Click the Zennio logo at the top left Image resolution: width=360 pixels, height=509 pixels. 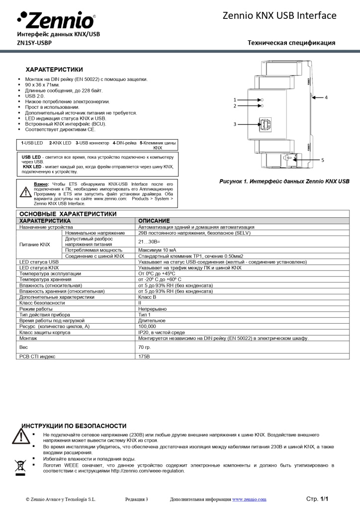55,20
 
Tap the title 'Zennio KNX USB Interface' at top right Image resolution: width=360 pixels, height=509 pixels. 287,16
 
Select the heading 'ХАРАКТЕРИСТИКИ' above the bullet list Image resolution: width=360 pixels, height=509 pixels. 54,69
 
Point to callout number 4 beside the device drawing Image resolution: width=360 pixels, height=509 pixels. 326,97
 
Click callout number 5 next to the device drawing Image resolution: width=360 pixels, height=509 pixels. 322,160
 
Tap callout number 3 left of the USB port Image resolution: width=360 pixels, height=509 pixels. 235,124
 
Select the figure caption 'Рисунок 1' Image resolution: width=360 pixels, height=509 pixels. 284,181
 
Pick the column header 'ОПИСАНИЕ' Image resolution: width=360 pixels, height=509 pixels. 154,220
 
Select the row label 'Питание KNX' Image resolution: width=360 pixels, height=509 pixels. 34,245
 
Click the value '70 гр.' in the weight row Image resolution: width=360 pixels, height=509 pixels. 145,347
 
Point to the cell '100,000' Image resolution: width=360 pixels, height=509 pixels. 147,327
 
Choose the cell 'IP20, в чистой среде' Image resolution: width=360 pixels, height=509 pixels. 161,332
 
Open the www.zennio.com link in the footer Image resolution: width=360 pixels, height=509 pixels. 249,499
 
